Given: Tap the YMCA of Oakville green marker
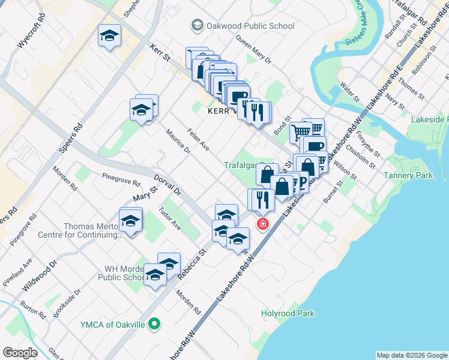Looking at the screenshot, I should click(x=154, y=325).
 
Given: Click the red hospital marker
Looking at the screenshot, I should click(x=262, y=224).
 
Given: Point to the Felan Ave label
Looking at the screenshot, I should click(x=198, y=139).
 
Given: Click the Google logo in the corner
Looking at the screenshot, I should click(x=20, y=353).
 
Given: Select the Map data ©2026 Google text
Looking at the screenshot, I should click(x=412, y=355).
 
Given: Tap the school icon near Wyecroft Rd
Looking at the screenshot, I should click(x=109, y=36).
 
